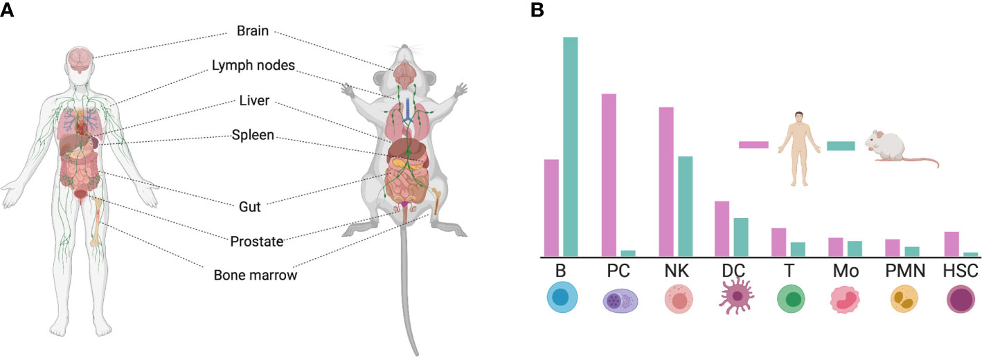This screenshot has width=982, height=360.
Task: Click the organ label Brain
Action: (x=252, y=32)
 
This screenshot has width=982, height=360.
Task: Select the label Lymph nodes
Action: (x=253, y=66)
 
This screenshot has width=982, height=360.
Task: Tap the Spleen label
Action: (x=253, y=134)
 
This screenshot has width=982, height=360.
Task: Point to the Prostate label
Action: (x=256, y=242)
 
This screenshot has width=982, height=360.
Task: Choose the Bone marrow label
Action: (x=255, y=275)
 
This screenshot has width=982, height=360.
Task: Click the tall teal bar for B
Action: (x=570, y=146)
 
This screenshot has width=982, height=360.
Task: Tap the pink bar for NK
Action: (x=666, y=181)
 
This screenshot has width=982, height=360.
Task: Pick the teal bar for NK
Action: (x=684, y=206)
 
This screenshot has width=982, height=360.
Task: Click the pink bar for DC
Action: (x=722, y=228)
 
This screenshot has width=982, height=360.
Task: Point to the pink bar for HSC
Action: (x=952, y=244)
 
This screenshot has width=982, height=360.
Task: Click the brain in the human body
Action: (x=82, y=60)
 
